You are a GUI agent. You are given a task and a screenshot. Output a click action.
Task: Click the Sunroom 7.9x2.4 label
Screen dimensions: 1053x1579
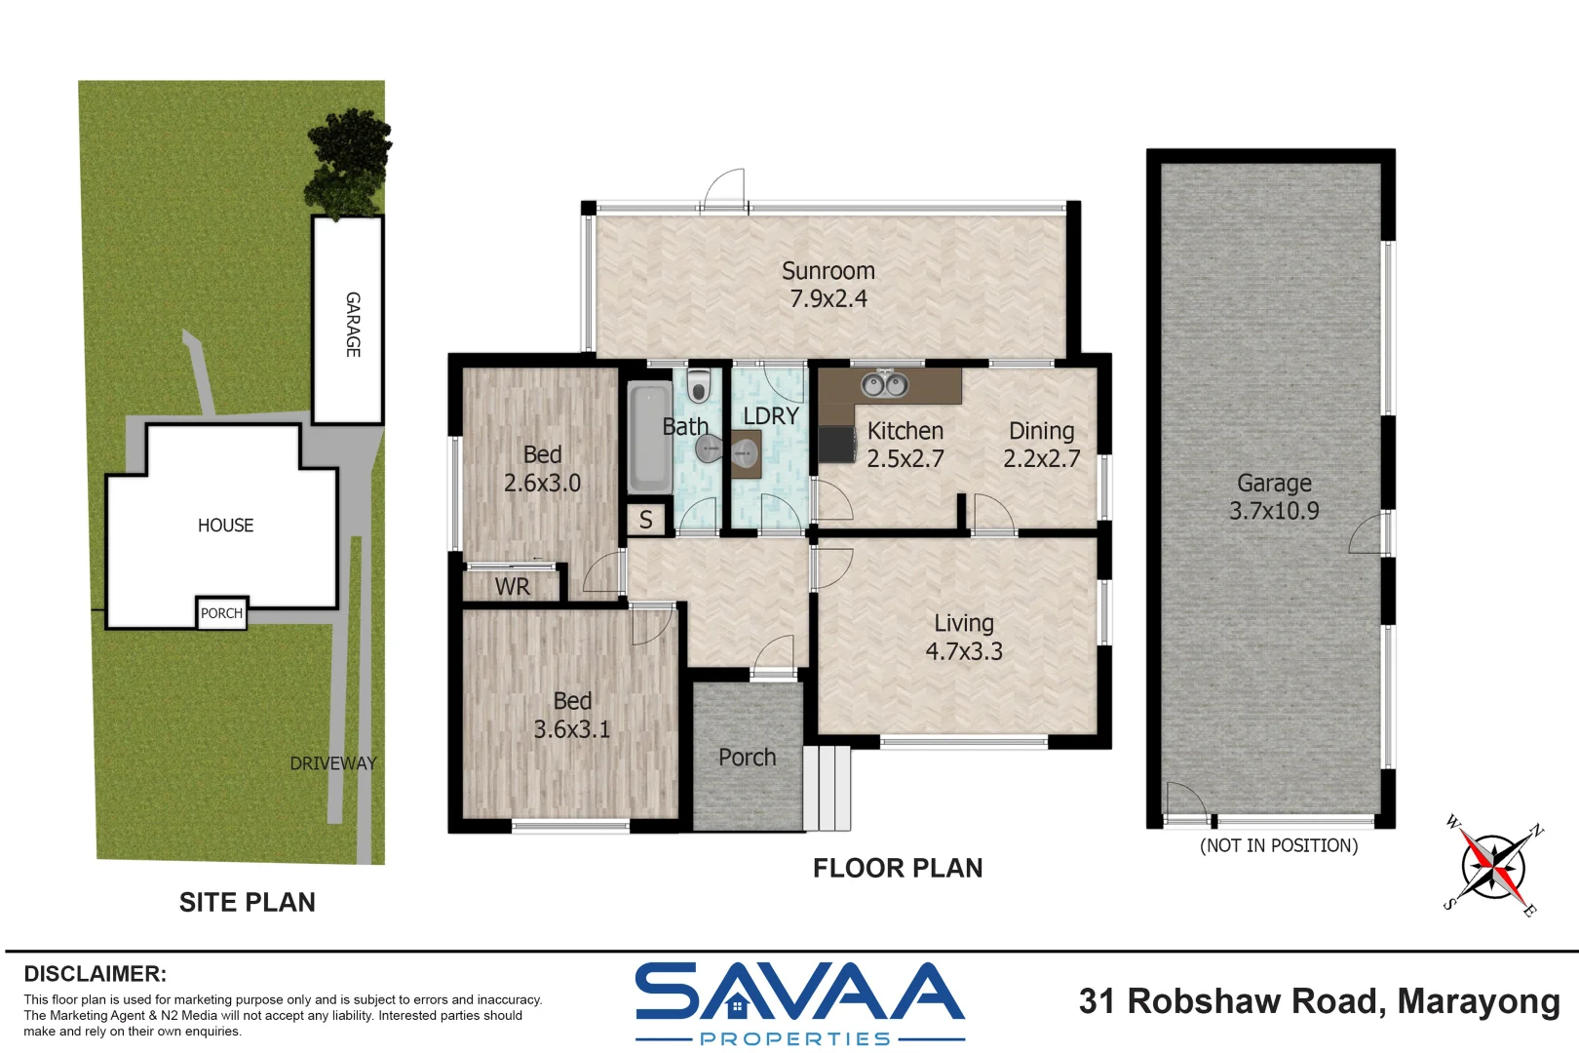coord(828,285)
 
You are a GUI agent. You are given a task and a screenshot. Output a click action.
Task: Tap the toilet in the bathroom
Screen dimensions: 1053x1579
coord(698,386)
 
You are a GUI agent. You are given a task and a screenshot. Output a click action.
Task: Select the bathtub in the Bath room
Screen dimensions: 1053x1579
coord(649,439)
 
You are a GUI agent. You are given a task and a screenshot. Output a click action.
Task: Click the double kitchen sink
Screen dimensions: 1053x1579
coord(884,385)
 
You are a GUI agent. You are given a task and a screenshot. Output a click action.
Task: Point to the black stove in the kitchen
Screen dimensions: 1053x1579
coord(835,445)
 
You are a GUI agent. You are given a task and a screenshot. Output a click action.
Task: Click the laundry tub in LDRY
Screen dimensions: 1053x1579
coord(746,454)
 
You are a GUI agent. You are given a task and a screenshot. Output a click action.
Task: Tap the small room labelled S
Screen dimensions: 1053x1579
coord(645,520)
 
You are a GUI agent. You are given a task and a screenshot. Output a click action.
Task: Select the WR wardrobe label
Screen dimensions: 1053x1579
coord(512,586)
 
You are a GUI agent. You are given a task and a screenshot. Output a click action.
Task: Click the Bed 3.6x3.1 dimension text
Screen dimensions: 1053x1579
coord(571,729)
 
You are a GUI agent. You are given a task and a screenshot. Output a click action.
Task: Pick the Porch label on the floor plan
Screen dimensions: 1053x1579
coord(747,758)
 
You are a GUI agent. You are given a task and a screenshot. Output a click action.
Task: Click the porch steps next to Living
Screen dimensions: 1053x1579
coord(828,788)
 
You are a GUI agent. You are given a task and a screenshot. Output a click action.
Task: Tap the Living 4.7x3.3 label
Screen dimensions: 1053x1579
coord(963,637)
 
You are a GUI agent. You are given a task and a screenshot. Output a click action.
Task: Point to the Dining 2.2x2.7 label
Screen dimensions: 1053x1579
coord(1041,445)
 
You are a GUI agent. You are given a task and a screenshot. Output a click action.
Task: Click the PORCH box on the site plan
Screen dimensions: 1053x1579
coord(221,613)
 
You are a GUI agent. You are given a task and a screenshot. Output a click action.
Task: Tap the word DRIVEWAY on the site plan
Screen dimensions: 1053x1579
coord(332,763)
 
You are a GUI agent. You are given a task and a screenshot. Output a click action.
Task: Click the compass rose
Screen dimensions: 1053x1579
coord(1492,866)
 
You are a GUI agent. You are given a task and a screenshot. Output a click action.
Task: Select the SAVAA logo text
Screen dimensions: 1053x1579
coord(799,993)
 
